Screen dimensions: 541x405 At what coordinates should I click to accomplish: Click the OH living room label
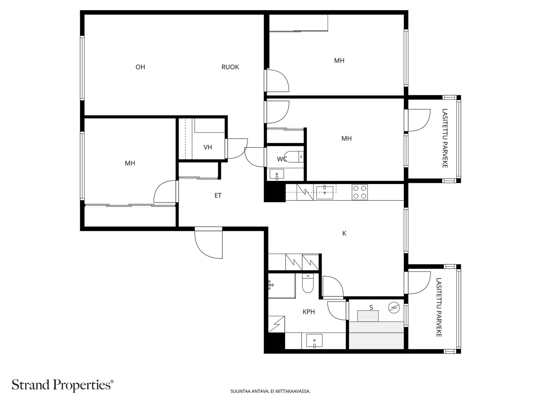coord(140,67)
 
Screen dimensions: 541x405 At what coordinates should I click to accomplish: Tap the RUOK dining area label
coord(230,67)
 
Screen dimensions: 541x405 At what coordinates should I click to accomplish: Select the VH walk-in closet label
coord(208,147)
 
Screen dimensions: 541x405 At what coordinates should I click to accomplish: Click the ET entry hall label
coord(218,195)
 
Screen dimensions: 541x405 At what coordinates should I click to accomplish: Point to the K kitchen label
coord(344,233)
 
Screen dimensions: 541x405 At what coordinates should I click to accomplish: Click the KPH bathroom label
coord(309,312)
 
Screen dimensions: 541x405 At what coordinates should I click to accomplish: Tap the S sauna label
coord(371,307)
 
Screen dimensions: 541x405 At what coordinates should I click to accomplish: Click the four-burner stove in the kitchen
coord(360,192)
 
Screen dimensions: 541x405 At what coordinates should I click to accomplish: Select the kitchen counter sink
coord(325,192)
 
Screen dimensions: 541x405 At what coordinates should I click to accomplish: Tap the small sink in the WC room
coord(277,174)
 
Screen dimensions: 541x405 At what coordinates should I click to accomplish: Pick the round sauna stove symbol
coord(394,307)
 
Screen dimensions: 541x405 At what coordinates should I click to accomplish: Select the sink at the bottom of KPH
coord(314,340)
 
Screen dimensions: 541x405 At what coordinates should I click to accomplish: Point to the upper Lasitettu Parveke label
coord(445,138)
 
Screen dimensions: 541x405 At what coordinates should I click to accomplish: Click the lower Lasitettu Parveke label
coord(439,307)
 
